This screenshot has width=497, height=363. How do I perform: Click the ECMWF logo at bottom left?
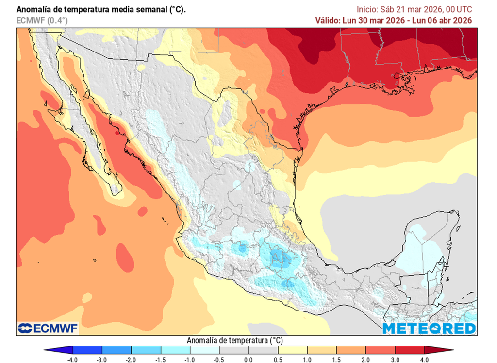48,328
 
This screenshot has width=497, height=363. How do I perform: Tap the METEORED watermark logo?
429,328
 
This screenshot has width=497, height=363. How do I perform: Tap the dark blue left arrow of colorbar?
58,350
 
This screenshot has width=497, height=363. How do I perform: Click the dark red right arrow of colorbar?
439,350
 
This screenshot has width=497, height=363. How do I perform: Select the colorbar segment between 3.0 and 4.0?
410,350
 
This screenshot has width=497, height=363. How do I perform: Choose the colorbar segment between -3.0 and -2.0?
117,350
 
